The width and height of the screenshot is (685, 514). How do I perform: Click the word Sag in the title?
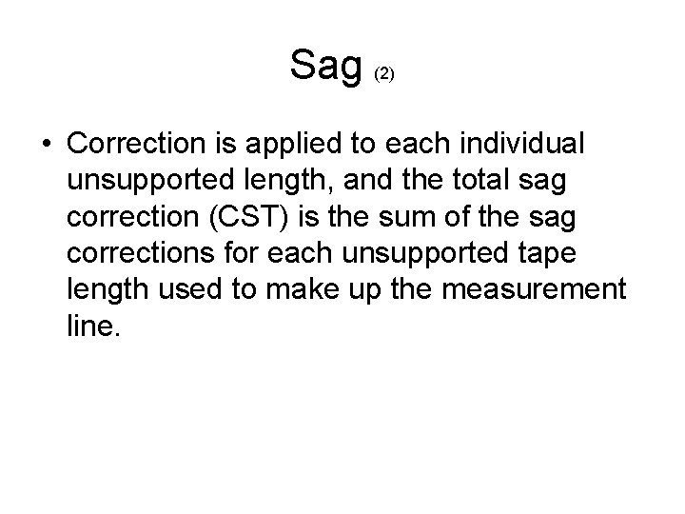(x=326, y=65)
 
